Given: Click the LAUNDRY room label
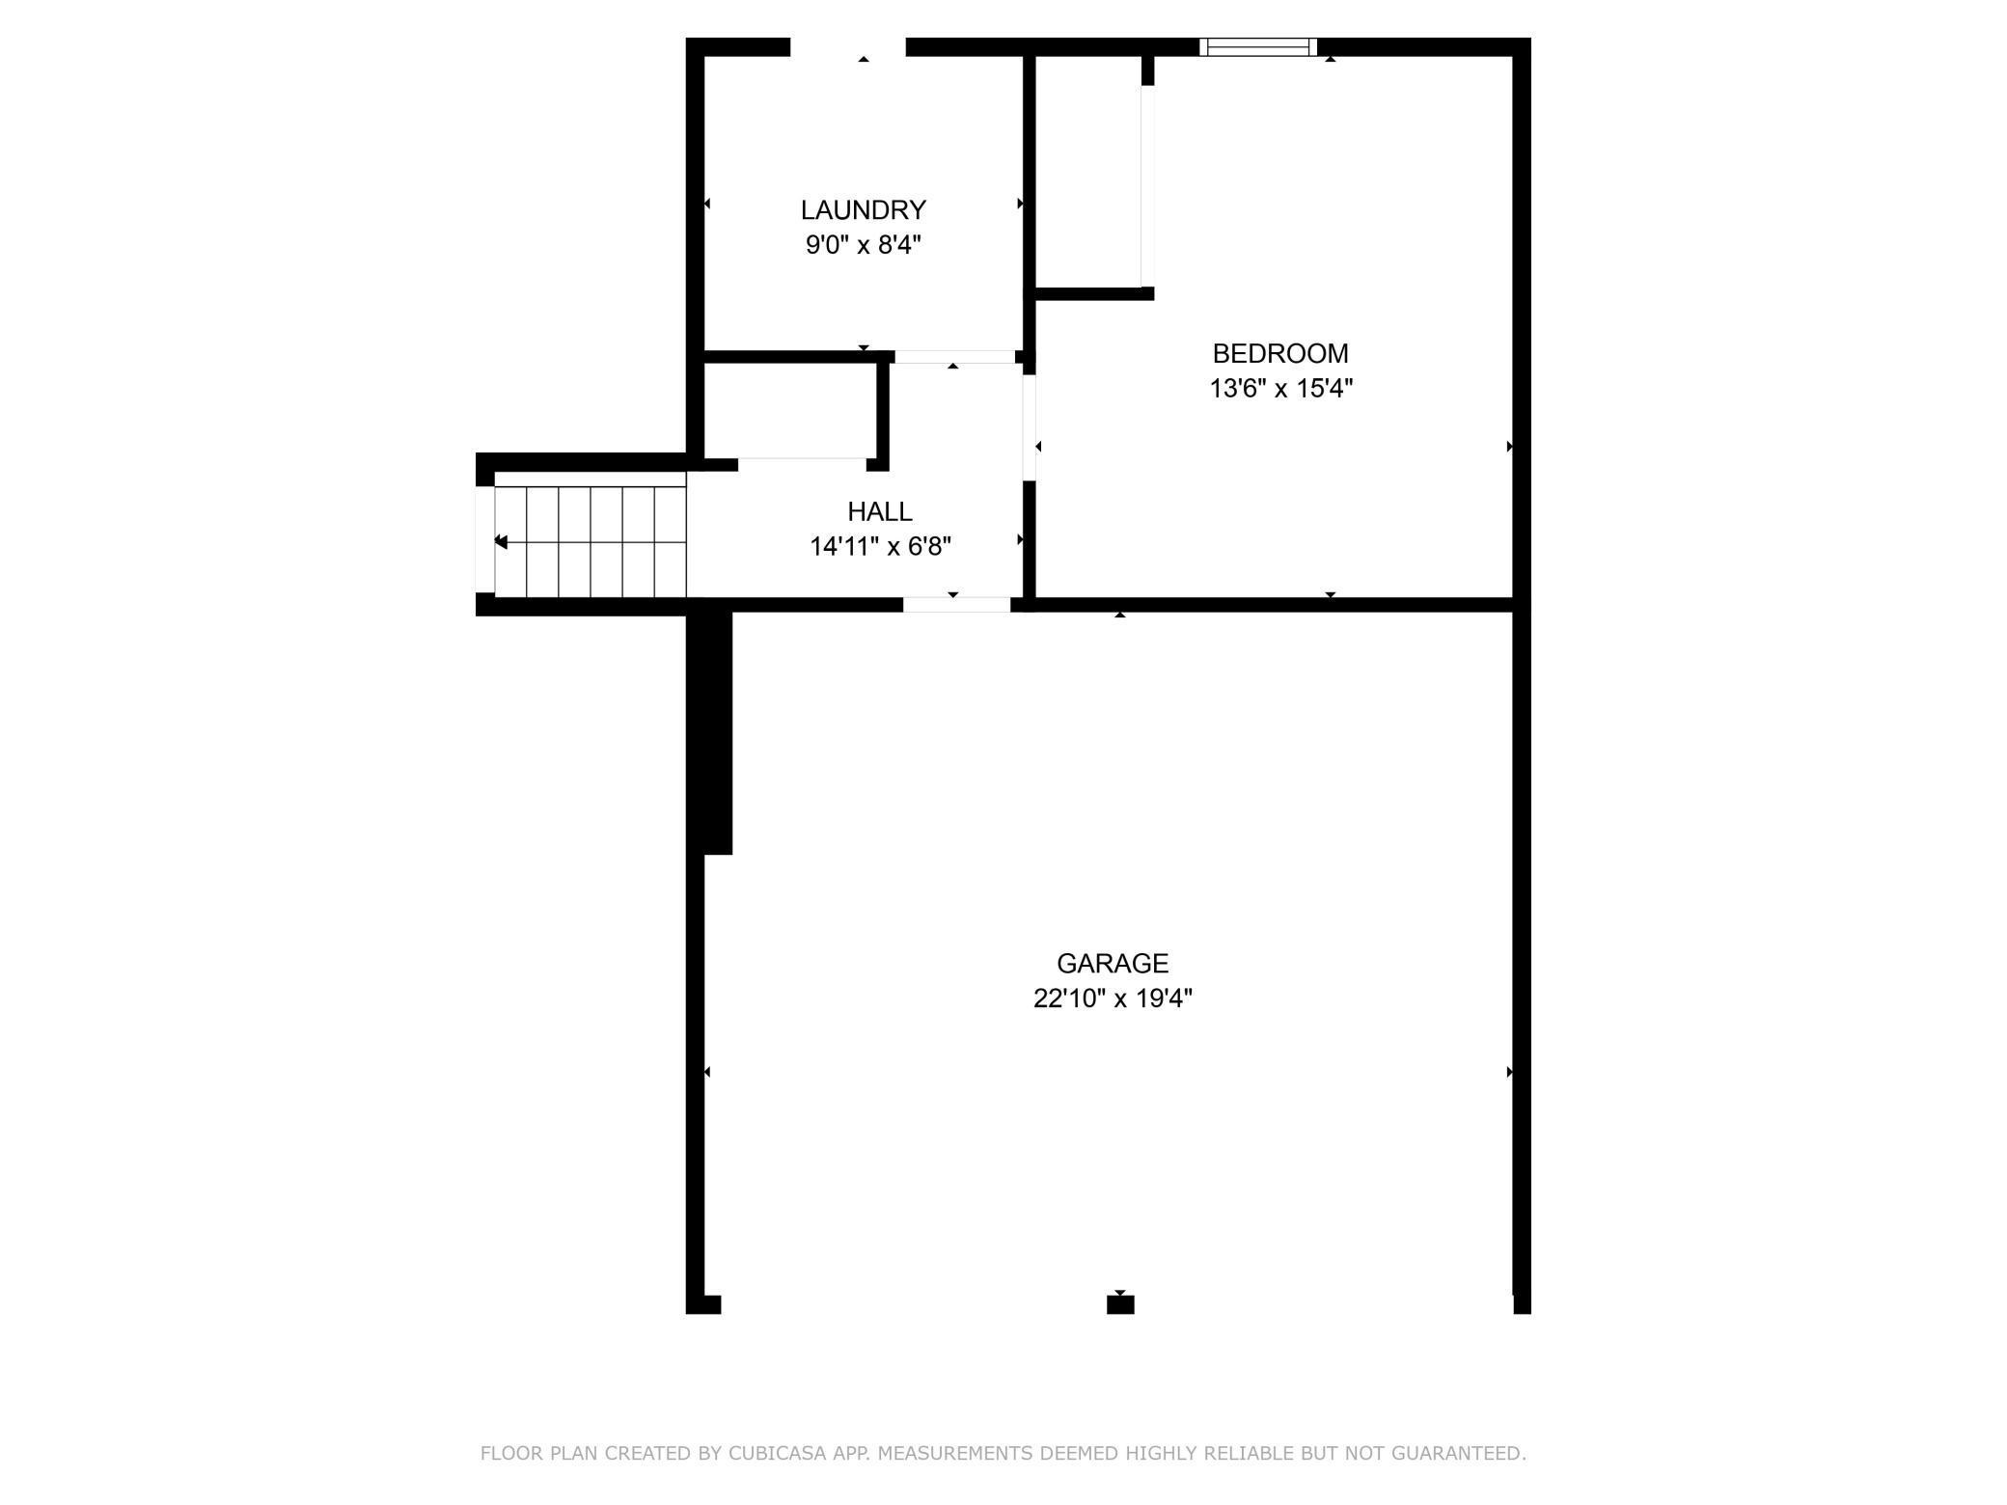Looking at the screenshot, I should (x=863, y=209).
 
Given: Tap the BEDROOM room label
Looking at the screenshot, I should (x=1279, y=353).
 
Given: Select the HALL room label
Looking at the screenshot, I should (x=879, y=511).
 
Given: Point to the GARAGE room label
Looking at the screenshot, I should (x=1112, y=963).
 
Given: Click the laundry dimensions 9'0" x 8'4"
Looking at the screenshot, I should (x=863, y=245).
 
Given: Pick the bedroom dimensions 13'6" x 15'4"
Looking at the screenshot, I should (x=1280, y=389).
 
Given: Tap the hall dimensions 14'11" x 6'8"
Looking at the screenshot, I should (x=880, y=547).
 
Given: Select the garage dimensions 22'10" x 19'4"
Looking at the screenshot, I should (x=1112, y=999).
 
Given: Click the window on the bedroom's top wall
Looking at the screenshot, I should (x=1257, y=47).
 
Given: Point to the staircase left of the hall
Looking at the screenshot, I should (x=590, y=542).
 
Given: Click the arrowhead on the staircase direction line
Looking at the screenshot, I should (x=501, y=542).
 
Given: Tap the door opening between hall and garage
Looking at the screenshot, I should (x=956, y=605).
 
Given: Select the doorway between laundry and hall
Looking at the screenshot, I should (x=954, y=357).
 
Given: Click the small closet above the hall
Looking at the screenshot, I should (x=789, y=410).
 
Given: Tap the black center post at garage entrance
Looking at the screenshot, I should (x=1119, y=1304).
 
